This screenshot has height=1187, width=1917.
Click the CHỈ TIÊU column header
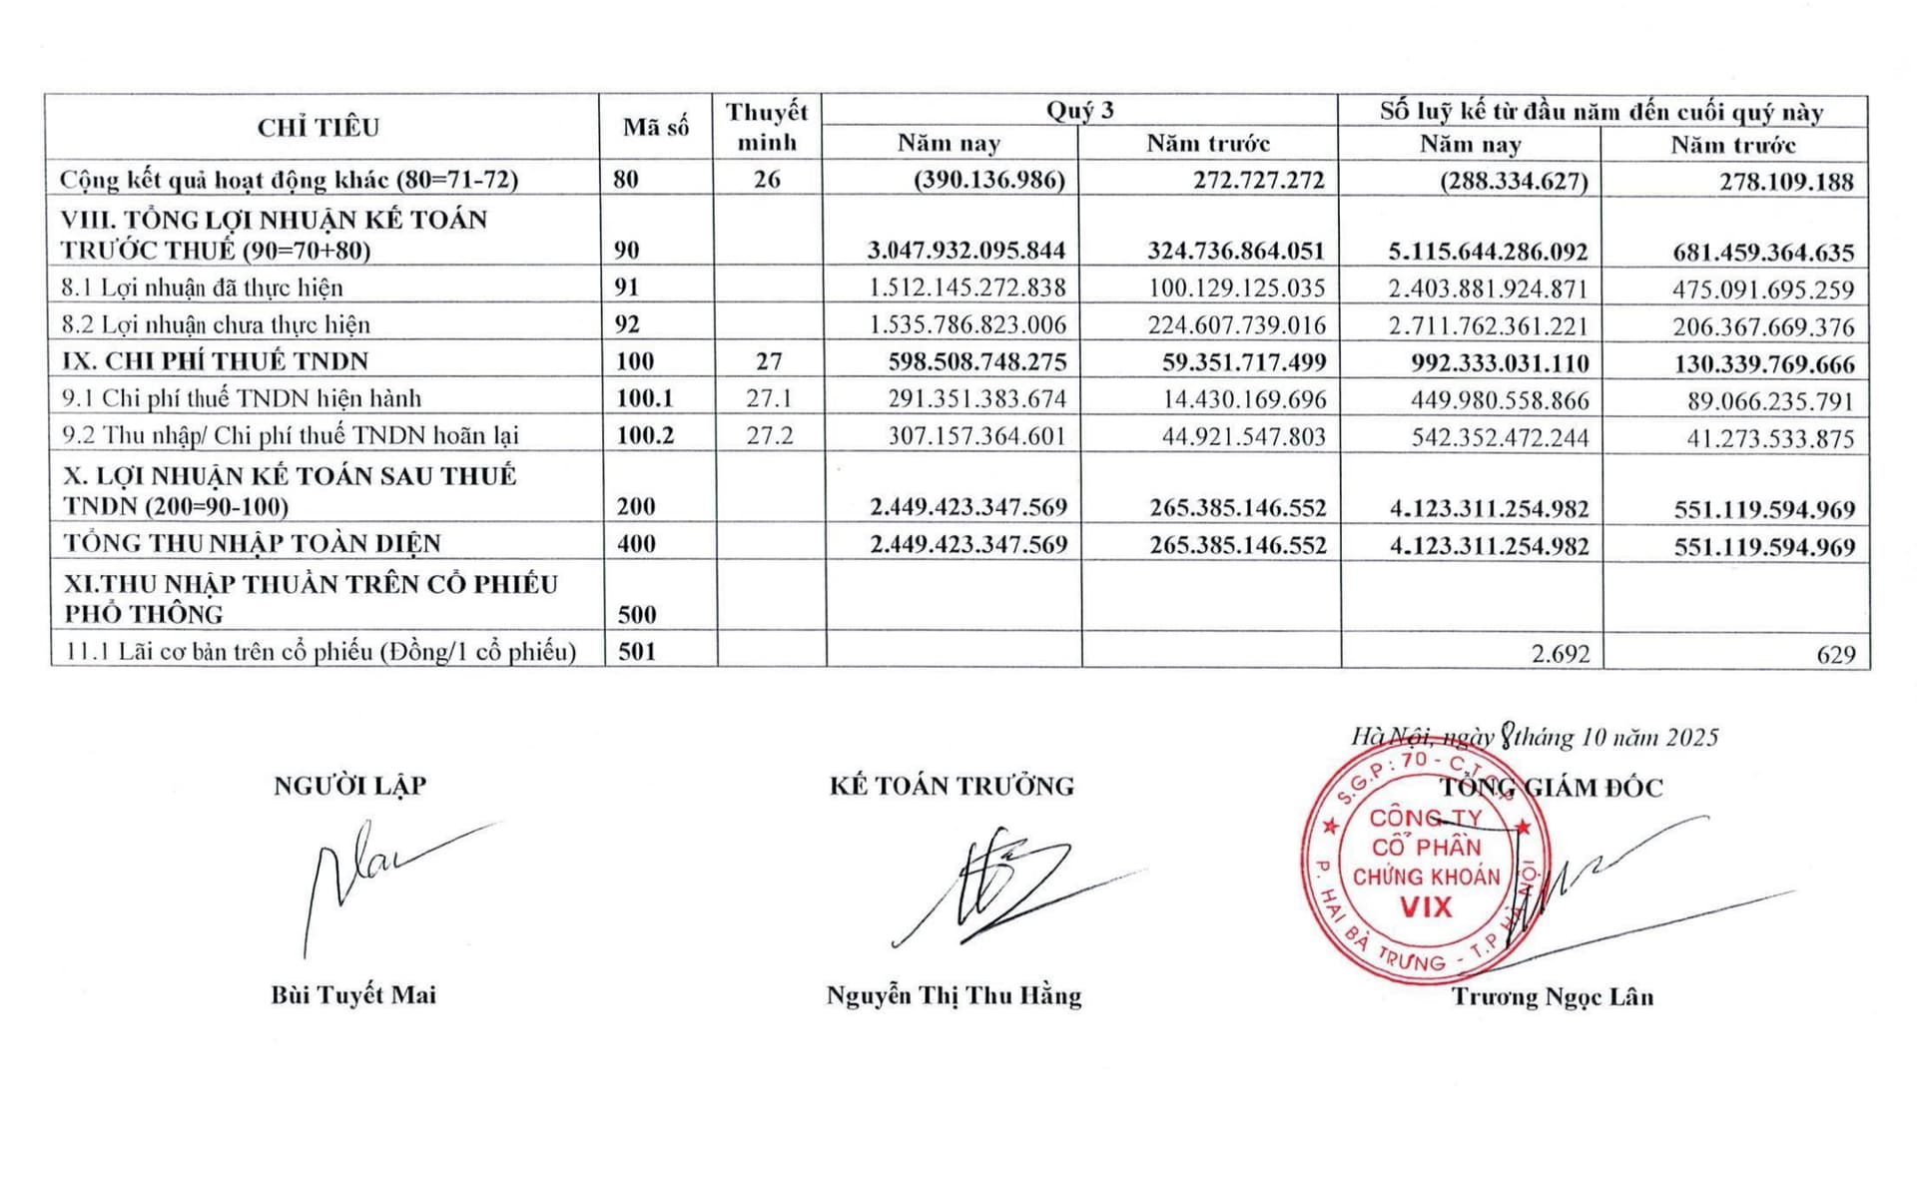point(319,128)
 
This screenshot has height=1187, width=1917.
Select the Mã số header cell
point(656,128)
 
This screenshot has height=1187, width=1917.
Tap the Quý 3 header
point(1079,111)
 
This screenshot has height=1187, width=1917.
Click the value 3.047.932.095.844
point(965,250)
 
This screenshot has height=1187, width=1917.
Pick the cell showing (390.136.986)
point(989,181)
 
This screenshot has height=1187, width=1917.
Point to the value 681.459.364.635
point(1763,252)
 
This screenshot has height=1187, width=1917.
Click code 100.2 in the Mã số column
point(645,435)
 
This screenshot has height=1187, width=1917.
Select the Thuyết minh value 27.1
point(769,398)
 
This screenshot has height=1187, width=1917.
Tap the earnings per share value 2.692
point(1560,654)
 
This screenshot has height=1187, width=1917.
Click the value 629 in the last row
point(1836,655)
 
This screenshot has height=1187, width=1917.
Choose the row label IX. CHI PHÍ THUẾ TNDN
point(216,361)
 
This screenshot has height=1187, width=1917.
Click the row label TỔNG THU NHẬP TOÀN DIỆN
point(253,544)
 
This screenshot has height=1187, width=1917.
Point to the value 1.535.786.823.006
point(967,325)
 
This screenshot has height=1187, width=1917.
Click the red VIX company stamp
point(1425,865)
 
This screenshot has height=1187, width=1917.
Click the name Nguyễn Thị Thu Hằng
point(954,995)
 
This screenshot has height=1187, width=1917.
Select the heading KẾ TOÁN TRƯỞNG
point(952,787)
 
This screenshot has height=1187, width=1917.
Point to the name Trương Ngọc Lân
point(1552,996)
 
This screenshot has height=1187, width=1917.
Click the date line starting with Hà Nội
point(1535,738)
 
